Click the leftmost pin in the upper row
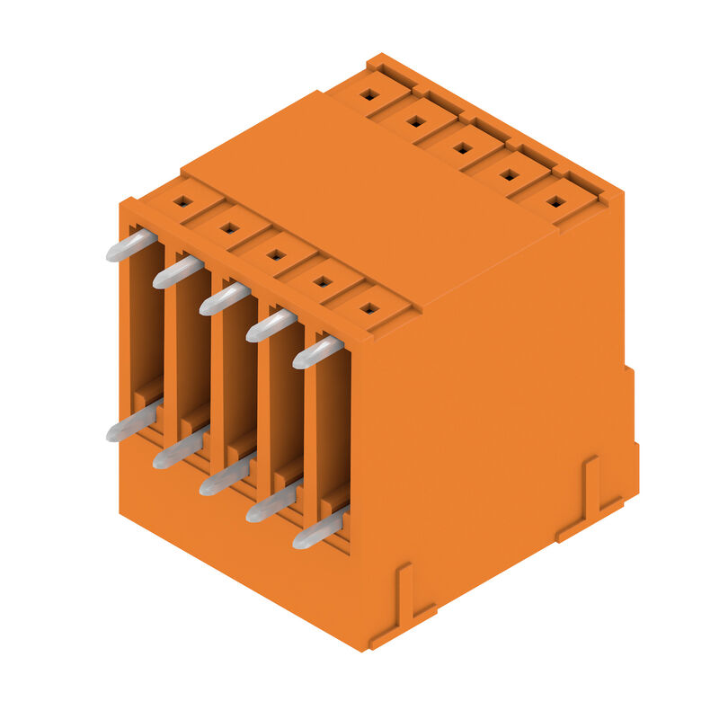[x=131, y=245]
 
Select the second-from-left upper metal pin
[x=178, y=271]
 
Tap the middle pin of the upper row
[x=225, y=298]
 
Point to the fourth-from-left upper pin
[x=271, y=325]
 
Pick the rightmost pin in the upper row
[x=318, y=352]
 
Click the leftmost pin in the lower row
[x=131, y=425]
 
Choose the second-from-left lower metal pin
[x=178, y=452]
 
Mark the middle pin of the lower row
[x=225, y=478]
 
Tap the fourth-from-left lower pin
[x=271, y=505]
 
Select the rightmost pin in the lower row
[x=318, y=532]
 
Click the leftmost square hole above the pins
[x=182, y=201]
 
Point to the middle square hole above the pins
[x=276, y=255]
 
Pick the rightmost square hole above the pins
[x=368, y=309]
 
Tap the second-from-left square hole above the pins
[x=229, y=228]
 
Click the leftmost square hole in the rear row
[x=368, y=93]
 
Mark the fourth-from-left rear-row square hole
[x=509, y=174]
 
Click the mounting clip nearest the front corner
[x=404, y=602]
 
